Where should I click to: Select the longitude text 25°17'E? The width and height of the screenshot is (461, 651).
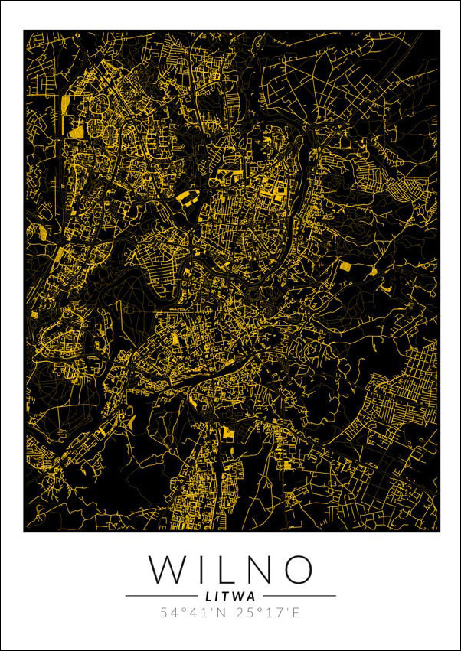268,613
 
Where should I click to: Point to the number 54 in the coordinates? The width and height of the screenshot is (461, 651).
168,613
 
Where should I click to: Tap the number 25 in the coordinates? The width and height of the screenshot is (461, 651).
244,613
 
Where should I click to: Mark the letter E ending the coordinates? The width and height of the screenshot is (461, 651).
296,613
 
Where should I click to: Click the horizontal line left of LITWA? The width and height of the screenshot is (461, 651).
161,595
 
